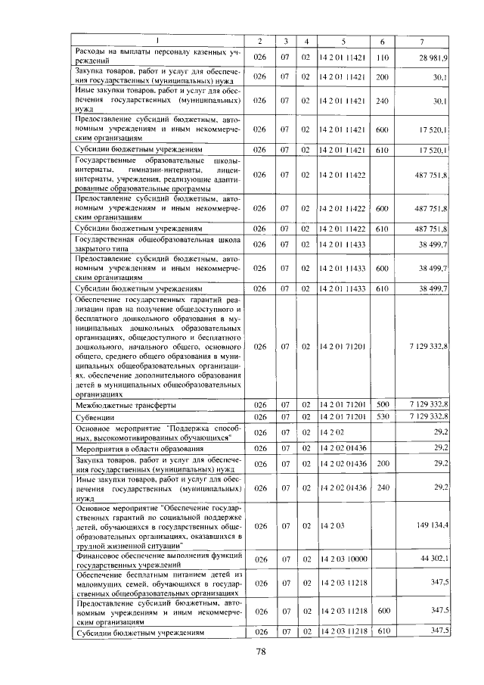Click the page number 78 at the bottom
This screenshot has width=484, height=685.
click(x=259, y=652)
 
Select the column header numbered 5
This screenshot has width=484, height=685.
click(x=343, y=40)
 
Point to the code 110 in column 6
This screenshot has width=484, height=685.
click(x=382, y=58)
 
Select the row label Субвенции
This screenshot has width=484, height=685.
click(x=95, y=417)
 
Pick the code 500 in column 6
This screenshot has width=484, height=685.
click(x=382, y=405)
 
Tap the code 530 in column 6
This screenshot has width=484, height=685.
click(x=382, y=417)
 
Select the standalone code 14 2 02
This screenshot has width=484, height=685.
click(x=331, y=433)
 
